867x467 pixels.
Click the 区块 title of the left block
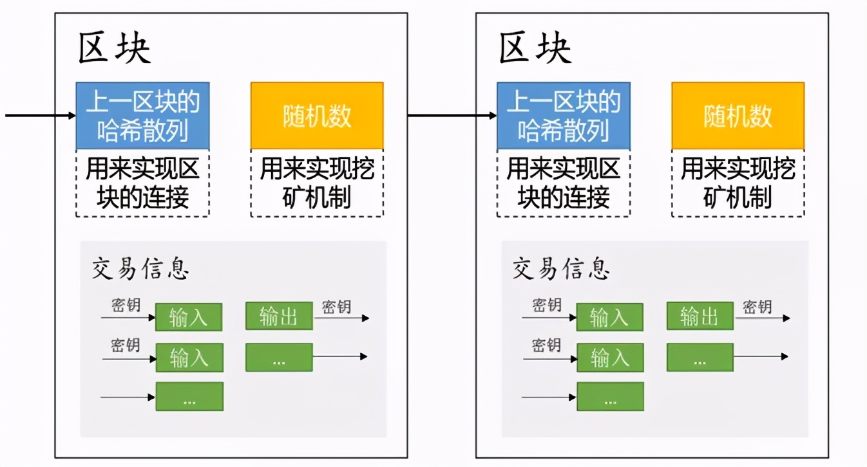pos(114,49)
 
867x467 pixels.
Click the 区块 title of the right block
pos(535,49)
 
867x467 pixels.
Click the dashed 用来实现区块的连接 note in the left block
pos(142,183)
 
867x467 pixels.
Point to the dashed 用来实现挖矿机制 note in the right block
pos(738,183)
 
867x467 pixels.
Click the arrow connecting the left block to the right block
pos(451,116)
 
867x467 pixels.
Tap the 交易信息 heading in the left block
pos(140,269)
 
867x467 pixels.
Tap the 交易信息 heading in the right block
pos(560,269)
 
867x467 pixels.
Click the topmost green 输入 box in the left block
pos(189,317)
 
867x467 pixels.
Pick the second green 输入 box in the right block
pos(609,357)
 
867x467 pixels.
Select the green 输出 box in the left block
pos(279,315)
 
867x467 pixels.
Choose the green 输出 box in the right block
pos(700,315)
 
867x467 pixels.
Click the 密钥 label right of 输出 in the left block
pos(336,307)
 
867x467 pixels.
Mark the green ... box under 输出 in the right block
pos(700,357)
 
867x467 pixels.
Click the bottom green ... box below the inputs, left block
pos(189,396)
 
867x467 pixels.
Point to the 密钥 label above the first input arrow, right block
pos(547,306)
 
